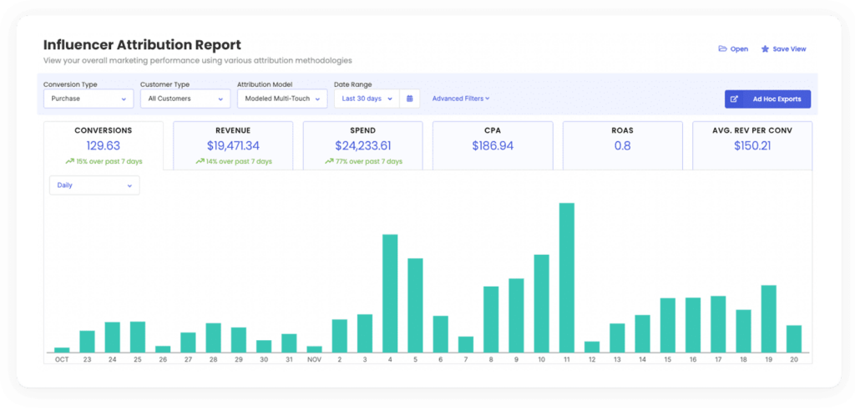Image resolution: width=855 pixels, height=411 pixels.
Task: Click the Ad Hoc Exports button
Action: pos(767,99)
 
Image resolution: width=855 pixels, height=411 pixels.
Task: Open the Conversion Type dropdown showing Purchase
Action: pos(88,99)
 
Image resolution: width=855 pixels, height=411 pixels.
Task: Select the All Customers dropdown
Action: pos(185,99)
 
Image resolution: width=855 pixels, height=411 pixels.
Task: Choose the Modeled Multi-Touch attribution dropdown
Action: pos(281,99)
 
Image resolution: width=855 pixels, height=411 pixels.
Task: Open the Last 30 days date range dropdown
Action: pos(367,99)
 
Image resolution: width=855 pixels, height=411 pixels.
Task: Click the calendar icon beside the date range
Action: pos(410,99)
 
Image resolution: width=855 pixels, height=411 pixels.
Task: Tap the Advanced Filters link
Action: pos(461,99)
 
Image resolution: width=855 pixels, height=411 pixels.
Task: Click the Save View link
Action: pos(783,49)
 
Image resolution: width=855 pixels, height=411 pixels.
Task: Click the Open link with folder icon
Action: pos(733,49)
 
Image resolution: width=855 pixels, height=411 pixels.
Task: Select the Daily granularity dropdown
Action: pos(94,185)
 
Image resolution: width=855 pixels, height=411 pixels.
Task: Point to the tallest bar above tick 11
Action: pos(566,277)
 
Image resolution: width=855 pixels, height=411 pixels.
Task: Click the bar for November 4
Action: pos(390,292)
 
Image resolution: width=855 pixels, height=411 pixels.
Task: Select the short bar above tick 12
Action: pos(592,347)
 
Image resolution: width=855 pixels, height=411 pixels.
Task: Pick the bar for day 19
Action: pos(769,318)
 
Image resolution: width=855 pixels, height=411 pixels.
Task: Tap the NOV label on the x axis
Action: pos(314,359)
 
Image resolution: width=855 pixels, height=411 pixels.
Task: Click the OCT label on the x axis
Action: pos(62,359)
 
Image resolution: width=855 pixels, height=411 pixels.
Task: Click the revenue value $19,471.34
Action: pos(233,145)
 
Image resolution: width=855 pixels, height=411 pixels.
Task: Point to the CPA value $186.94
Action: pos(493,145)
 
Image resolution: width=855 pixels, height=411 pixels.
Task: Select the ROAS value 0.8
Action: pos(622,145)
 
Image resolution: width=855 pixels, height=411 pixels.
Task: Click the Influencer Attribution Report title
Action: pos(142,45)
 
